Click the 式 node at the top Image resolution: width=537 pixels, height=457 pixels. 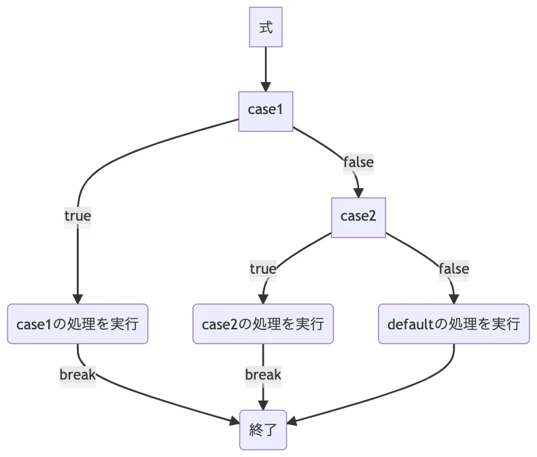click(265, 27)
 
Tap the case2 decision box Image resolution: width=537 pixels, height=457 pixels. click(358, 217)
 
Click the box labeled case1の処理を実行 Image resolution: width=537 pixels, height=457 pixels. click(77, 324)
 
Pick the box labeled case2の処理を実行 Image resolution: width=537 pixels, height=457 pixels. click(263, 324)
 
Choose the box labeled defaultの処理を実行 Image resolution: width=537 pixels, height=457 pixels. click(453, 324)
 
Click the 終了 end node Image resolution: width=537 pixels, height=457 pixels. click(263, 429)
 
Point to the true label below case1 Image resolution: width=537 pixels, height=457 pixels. click(77, 216)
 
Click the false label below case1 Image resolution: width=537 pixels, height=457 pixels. click(358, 162)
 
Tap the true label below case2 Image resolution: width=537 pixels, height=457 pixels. click(263, 269)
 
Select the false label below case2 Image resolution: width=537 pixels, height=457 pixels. click(453, 269)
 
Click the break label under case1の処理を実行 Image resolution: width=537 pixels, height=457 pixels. click(77, 374)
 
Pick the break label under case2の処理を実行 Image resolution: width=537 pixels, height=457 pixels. click(263, 374)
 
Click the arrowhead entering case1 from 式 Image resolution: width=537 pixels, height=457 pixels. click(265, 86)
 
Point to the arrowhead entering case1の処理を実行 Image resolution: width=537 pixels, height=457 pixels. click(77, 299)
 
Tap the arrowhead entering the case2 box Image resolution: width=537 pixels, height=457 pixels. click(358, 192)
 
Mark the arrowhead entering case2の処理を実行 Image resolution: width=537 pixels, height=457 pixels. click(263, 299)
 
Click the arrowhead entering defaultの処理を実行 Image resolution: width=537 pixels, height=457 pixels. click(453, 299)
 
